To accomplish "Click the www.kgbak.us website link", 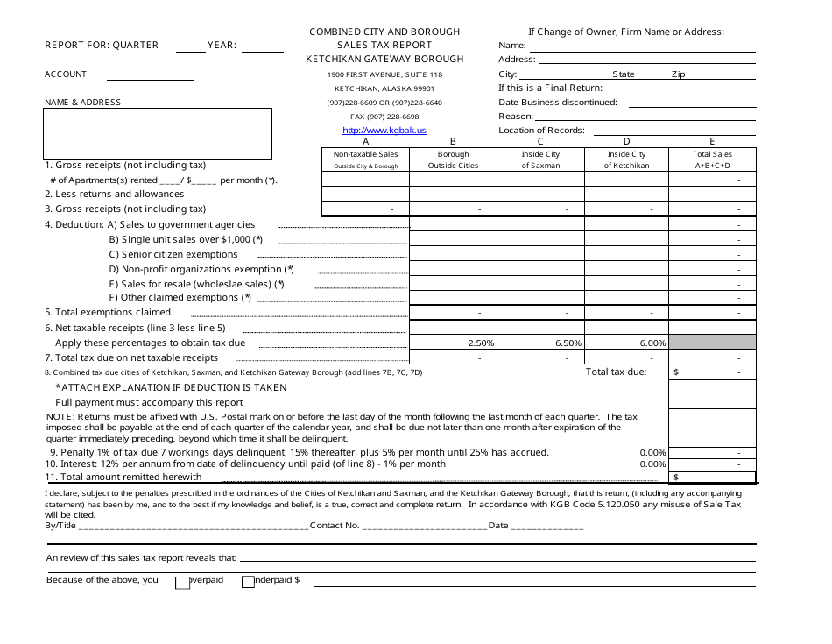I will (384, 130).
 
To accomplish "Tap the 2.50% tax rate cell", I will (453, 343).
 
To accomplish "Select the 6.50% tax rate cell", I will (540, 343).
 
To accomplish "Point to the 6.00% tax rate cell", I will (626, 343).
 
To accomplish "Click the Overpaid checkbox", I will (183, 582).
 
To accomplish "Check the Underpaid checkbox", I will (248, 581).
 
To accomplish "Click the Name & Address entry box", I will (158, 134).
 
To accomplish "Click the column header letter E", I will (712, 141).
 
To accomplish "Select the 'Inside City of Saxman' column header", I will (540, 159).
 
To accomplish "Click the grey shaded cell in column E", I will (712, 343).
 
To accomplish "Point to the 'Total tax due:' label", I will (616, 372).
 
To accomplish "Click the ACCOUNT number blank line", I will (150, 79).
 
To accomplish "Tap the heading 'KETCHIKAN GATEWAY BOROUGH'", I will (384, 59).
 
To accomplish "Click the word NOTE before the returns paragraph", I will (60, 417).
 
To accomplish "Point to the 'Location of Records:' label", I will (541, 130).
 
